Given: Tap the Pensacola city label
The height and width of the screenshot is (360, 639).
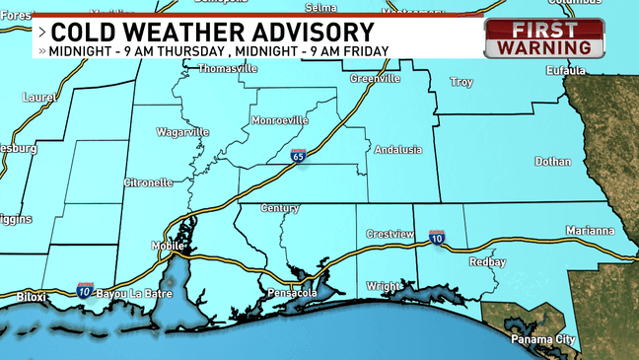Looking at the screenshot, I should [x=292, y=294].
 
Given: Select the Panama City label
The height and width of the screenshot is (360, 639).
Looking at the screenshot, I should [x=542, y=339].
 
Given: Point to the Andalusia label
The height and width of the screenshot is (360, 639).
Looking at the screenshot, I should [x=397, y=150].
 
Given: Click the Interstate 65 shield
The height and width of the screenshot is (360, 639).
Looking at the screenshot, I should [x=299, y=156].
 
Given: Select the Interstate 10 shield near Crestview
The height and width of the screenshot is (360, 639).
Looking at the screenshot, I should [x=436, y=238].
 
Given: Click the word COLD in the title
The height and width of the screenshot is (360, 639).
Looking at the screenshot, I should [x=86, y=32].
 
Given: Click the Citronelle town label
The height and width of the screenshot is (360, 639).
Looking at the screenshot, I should [x=148, y=182].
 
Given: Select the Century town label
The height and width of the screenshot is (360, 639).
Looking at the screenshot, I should [x=280, y=208].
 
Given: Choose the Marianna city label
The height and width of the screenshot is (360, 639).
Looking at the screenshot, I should [x=590, y=230].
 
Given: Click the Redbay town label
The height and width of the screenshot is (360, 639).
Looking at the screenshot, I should [x=487, y=262].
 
